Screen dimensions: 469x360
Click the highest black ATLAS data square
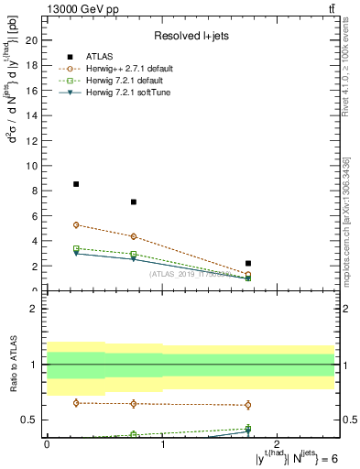click(76, 184)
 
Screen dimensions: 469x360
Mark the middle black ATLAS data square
click(134, 202)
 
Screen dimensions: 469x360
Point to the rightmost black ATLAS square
click(248, 264)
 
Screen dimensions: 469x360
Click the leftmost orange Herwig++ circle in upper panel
click(76, 224)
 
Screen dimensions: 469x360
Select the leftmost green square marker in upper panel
click(76, 248)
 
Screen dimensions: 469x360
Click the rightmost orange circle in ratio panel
click(248, 405)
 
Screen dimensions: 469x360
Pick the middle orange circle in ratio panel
click(134, 404)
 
